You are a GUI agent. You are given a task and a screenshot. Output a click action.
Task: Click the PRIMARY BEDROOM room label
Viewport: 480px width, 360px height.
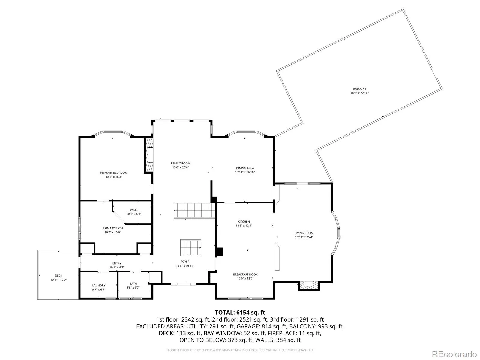click(x=114, y=173)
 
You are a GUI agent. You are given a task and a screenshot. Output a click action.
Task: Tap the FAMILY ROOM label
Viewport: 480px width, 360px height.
click(x=180, y=163)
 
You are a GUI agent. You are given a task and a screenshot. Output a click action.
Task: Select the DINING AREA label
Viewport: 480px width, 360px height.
click(x=245, y=168)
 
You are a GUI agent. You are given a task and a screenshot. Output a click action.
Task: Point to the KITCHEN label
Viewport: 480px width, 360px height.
click(x=244, y=222)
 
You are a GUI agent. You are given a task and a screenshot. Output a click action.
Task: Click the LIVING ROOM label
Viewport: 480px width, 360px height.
click(x=304, y=233)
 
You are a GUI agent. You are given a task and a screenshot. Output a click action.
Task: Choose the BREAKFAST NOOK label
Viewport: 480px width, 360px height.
click(x=245, y=274)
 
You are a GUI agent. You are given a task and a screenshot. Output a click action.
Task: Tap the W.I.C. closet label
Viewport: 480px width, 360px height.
click(x=133, y=210)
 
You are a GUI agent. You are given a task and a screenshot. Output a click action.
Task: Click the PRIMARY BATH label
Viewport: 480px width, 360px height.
click(x=112, y=228)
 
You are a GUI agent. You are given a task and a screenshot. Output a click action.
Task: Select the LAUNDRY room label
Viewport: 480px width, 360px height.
click(x=99, y=286)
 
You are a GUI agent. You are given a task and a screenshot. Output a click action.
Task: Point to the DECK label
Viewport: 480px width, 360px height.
click(x=58, y=276)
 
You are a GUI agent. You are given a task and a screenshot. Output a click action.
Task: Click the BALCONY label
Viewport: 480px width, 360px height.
click(x=359, y=89)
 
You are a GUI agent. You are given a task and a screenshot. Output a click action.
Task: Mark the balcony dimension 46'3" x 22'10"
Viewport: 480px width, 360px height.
click(x=359, y=93)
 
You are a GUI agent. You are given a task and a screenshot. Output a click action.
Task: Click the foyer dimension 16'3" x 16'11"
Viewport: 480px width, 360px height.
click(x=185, y=266)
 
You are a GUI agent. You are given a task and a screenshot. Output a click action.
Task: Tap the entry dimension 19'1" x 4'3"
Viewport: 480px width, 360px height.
click(x=117, y=267)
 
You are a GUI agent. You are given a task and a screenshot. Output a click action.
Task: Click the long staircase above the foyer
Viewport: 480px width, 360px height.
click(x=194, y=210)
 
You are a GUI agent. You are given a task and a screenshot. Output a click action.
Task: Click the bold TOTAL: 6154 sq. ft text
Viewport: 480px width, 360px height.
click(x=240, y=313)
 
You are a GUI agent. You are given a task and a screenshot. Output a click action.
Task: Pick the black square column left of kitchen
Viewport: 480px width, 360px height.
click(x=220, y=252)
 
